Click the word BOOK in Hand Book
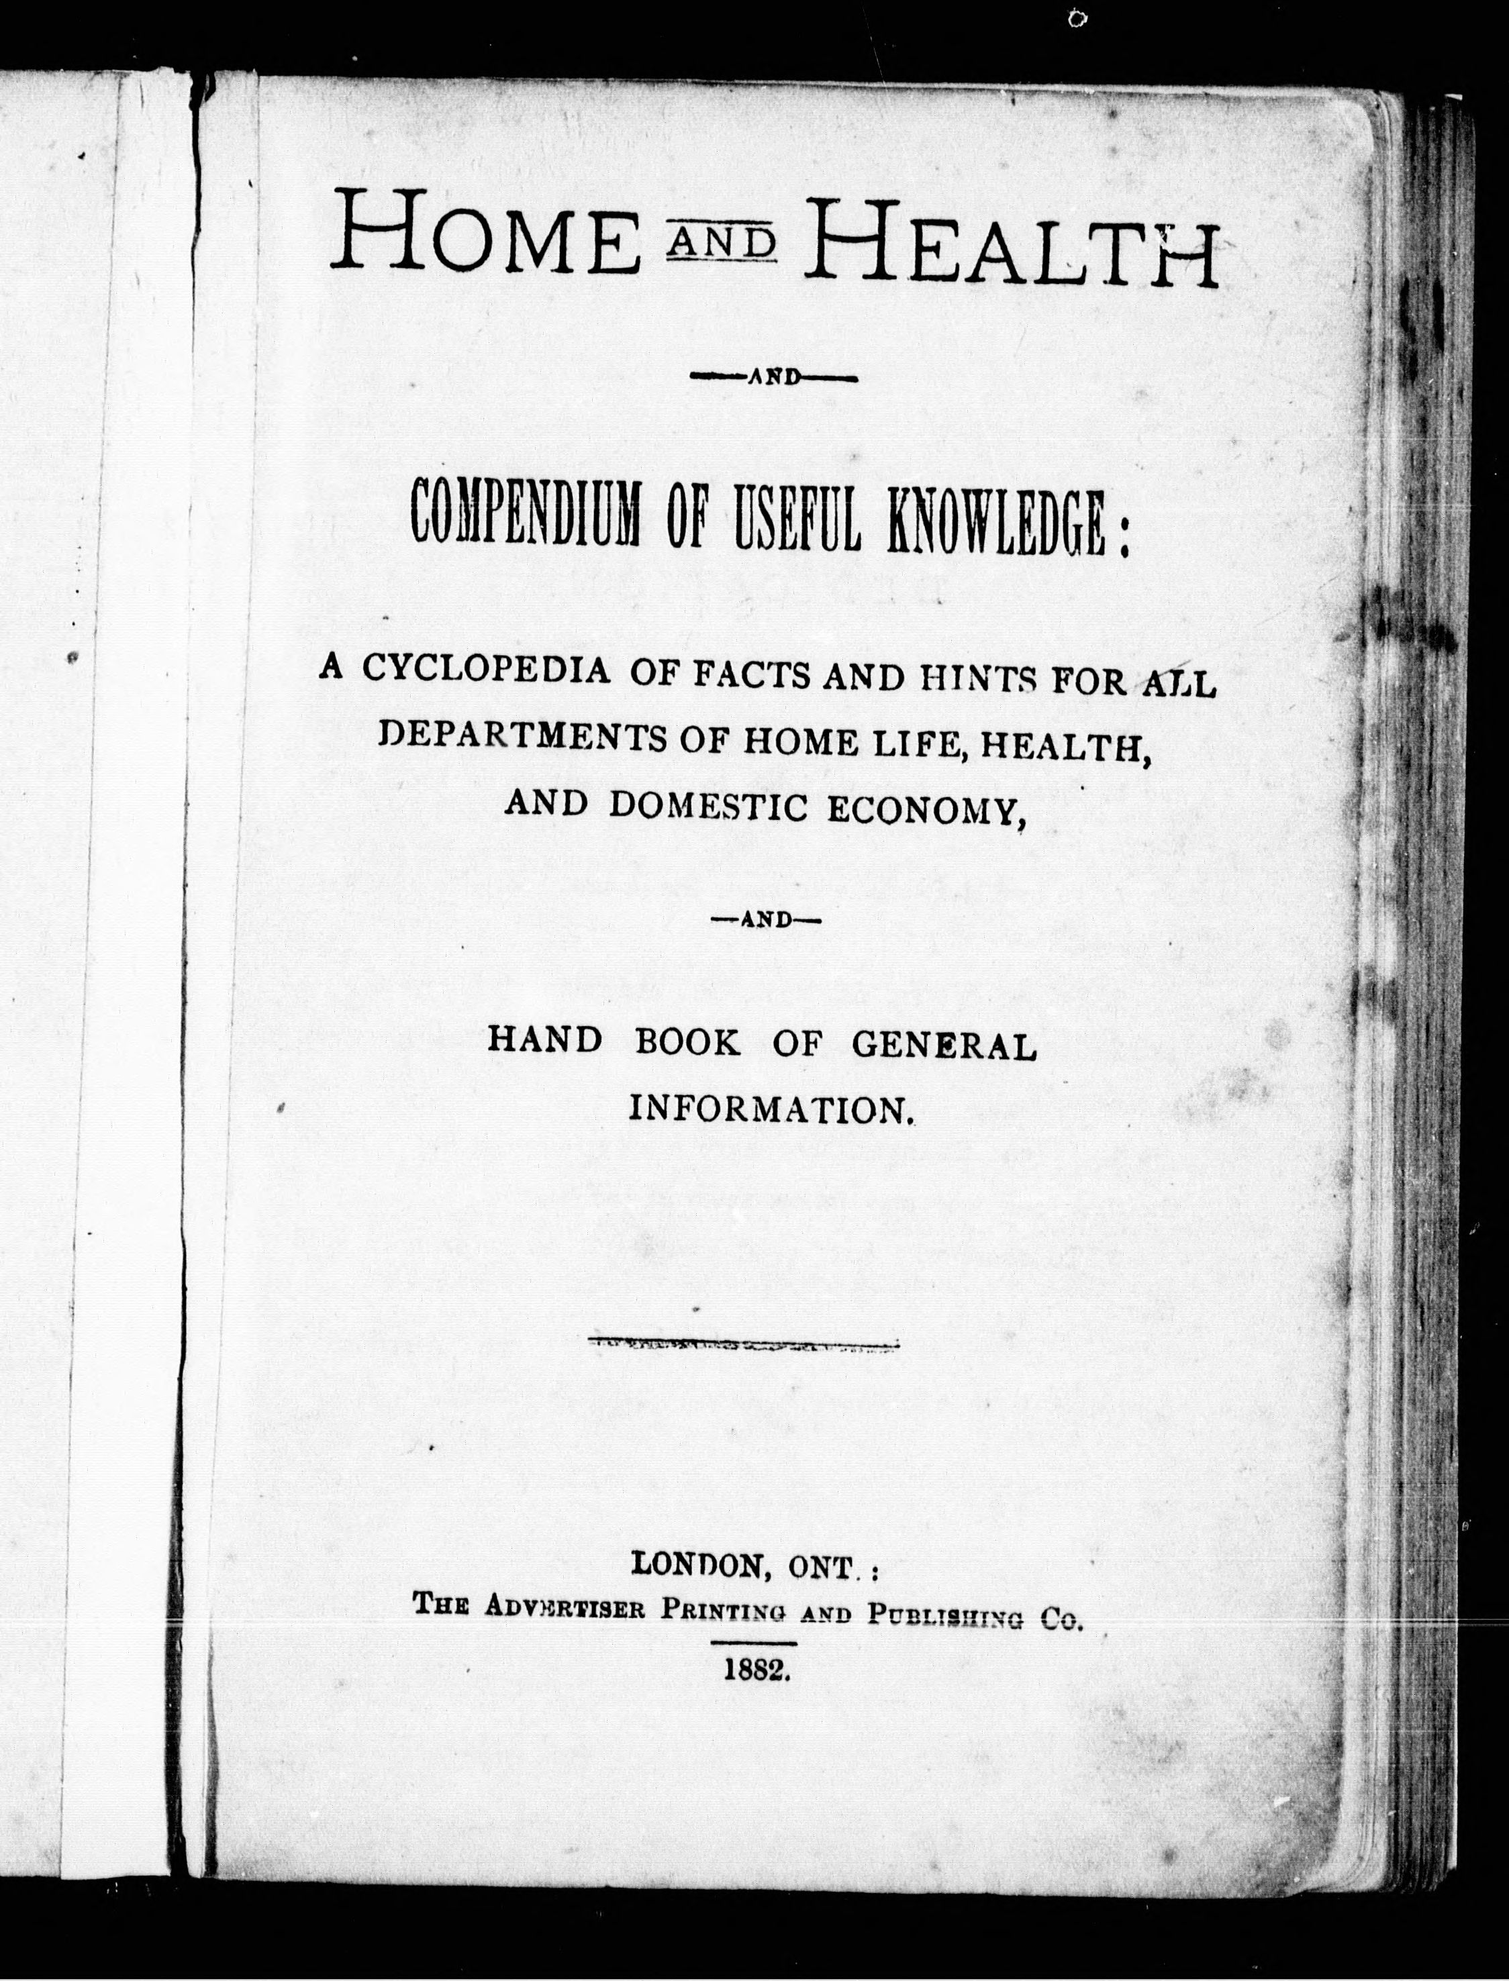click(688, 1041)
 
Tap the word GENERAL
click(943, 1044)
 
